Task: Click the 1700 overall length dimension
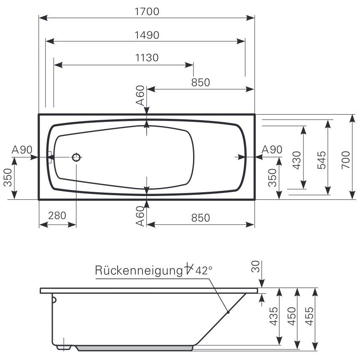147,12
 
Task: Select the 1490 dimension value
147,35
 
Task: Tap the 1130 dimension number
147,58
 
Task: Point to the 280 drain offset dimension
57,216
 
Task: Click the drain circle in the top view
77,158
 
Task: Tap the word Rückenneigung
137,270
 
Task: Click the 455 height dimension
309,316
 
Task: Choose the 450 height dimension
291,316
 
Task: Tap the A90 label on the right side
272,150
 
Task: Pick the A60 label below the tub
140,218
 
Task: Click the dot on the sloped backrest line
228,312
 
